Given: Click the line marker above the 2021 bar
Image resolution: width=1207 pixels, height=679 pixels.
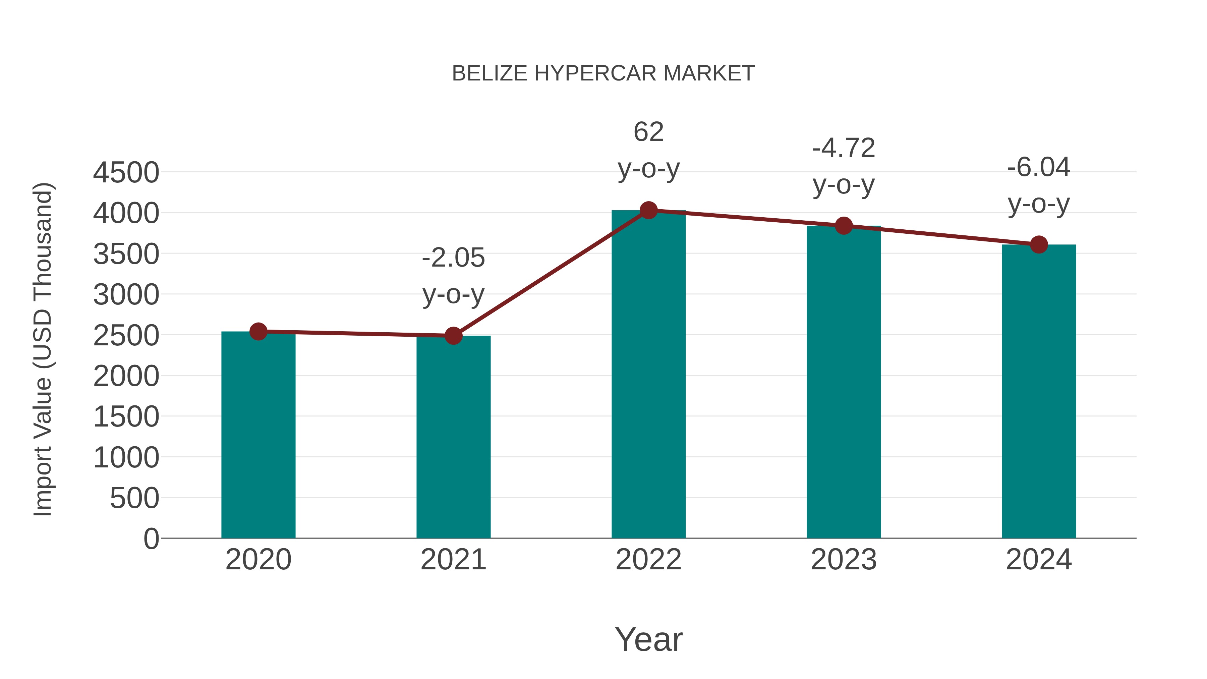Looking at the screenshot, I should pyautogui.click(x=453, y=336).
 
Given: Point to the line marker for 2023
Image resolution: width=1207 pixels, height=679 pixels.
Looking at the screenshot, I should pyautogui.click(x=844, y=226).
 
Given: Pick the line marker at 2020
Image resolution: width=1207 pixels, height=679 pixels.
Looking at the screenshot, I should pyautogui.click(x=258, y=331).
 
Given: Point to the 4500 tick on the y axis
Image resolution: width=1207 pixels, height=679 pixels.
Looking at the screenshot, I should pyautogui.click(x=126, y=172).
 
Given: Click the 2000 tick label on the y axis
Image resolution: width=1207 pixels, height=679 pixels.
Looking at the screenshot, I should pyautogui.click(x=126, y=376).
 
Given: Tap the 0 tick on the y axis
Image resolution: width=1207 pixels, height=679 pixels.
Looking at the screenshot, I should pyautogui.click(x=151, y=539).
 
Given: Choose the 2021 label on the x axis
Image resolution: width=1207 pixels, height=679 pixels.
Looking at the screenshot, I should pyautogui.click(x=453, y=560).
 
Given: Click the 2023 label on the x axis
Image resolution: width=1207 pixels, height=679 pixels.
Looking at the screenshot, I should pyautogui.click(x=844, y=560).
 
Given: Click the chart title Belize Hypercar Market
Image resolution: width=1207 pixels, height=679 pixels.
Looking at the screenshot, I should pyautogui.click(x=603, y=73).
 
